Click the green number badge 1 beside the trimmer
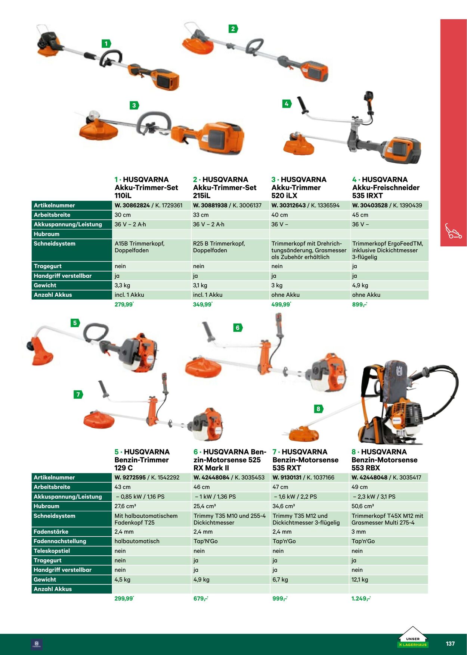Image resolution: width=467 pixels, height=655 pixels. point(106,44)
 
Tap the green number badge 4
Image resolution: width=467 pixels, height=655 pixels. point(287,104)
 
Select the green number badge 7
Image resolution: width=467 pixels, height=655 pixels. point(78,394)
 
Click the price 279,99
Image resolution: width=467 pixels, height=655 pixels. point(124,305)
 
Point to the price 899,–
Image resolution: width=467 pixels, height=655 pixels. point(359,305)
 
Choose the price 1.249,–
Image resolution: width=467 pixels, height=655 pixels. point(361,599)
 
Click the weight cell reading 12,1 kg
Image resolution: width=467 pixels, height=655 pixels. point(360,580)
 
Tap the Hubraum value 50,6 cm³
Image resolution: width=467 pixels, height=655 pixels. point(363,506)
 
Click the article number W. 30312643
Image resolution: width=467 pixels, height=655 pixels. point(288,205)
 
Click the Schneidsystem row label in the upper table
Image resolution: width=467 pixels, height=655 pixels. point(55,244)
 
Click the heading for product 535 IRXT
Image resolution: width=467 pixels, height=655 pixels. point(386,187)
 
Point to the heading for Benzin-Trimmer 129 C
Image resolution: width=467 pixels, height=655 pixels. point(142,460)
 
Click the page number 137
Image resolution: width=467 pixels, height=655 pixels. point(450,644)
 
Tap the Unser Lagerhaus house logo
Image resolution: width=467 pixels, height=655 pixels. point(412,637)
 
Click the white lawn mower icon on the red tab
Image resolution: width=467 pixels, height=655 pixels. point(453,231)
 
